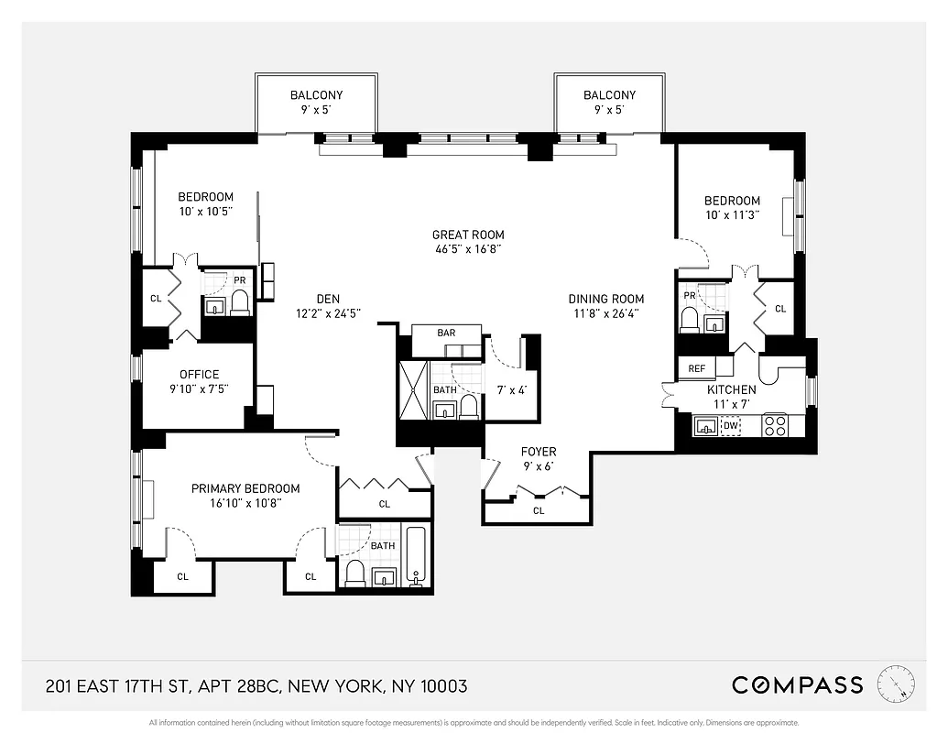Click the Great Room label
coord(468,235)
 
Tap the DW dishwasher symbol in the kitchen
coord(731,425)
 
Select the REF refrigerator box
coord(697,368)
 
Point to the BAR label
coord(446,333)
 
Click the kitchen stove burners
coord(775,425)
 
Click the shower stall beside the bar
coord(411,390)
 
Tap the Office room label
coord(200,374)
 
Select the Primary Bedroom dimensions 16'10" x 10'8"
coord(245,502)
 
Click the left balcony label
coord(316,94)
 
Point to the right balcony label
coord(609,94)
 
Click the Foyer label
coord(539,452)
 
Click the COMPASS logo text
coord(797,685)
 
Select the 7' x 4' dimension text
coord(511,390)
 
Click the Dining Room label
coord(605,299)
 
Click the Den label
coord(328,299)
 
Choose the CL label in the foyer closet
coord(539,510)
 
